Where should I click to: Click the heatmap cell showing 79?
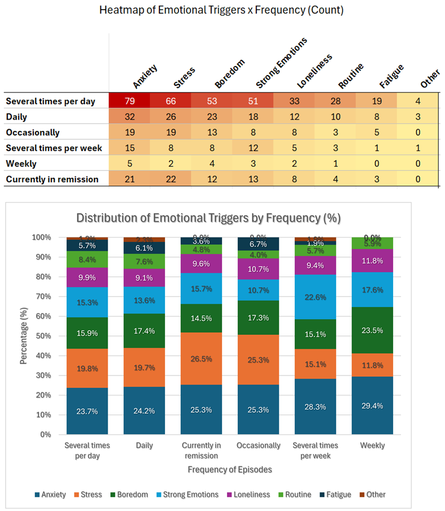(130, 102)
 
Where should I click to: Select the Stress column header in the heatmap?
(184, 78)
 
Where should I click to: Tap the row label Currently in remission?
(52, 179)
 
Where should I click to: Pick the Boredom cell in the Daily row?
(212, 117)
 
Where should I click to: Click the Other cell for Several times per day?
(417, 102)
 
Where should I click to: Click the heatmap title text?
(221, 10)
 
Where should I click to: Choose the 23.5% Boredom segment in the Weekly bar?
(372, 331)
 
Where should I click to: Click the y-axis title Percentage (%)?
(24, 336)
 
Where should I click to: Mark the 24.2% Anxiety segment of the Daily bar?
(145, 411)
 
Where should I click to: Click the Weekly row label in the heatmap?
(21, 164)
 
